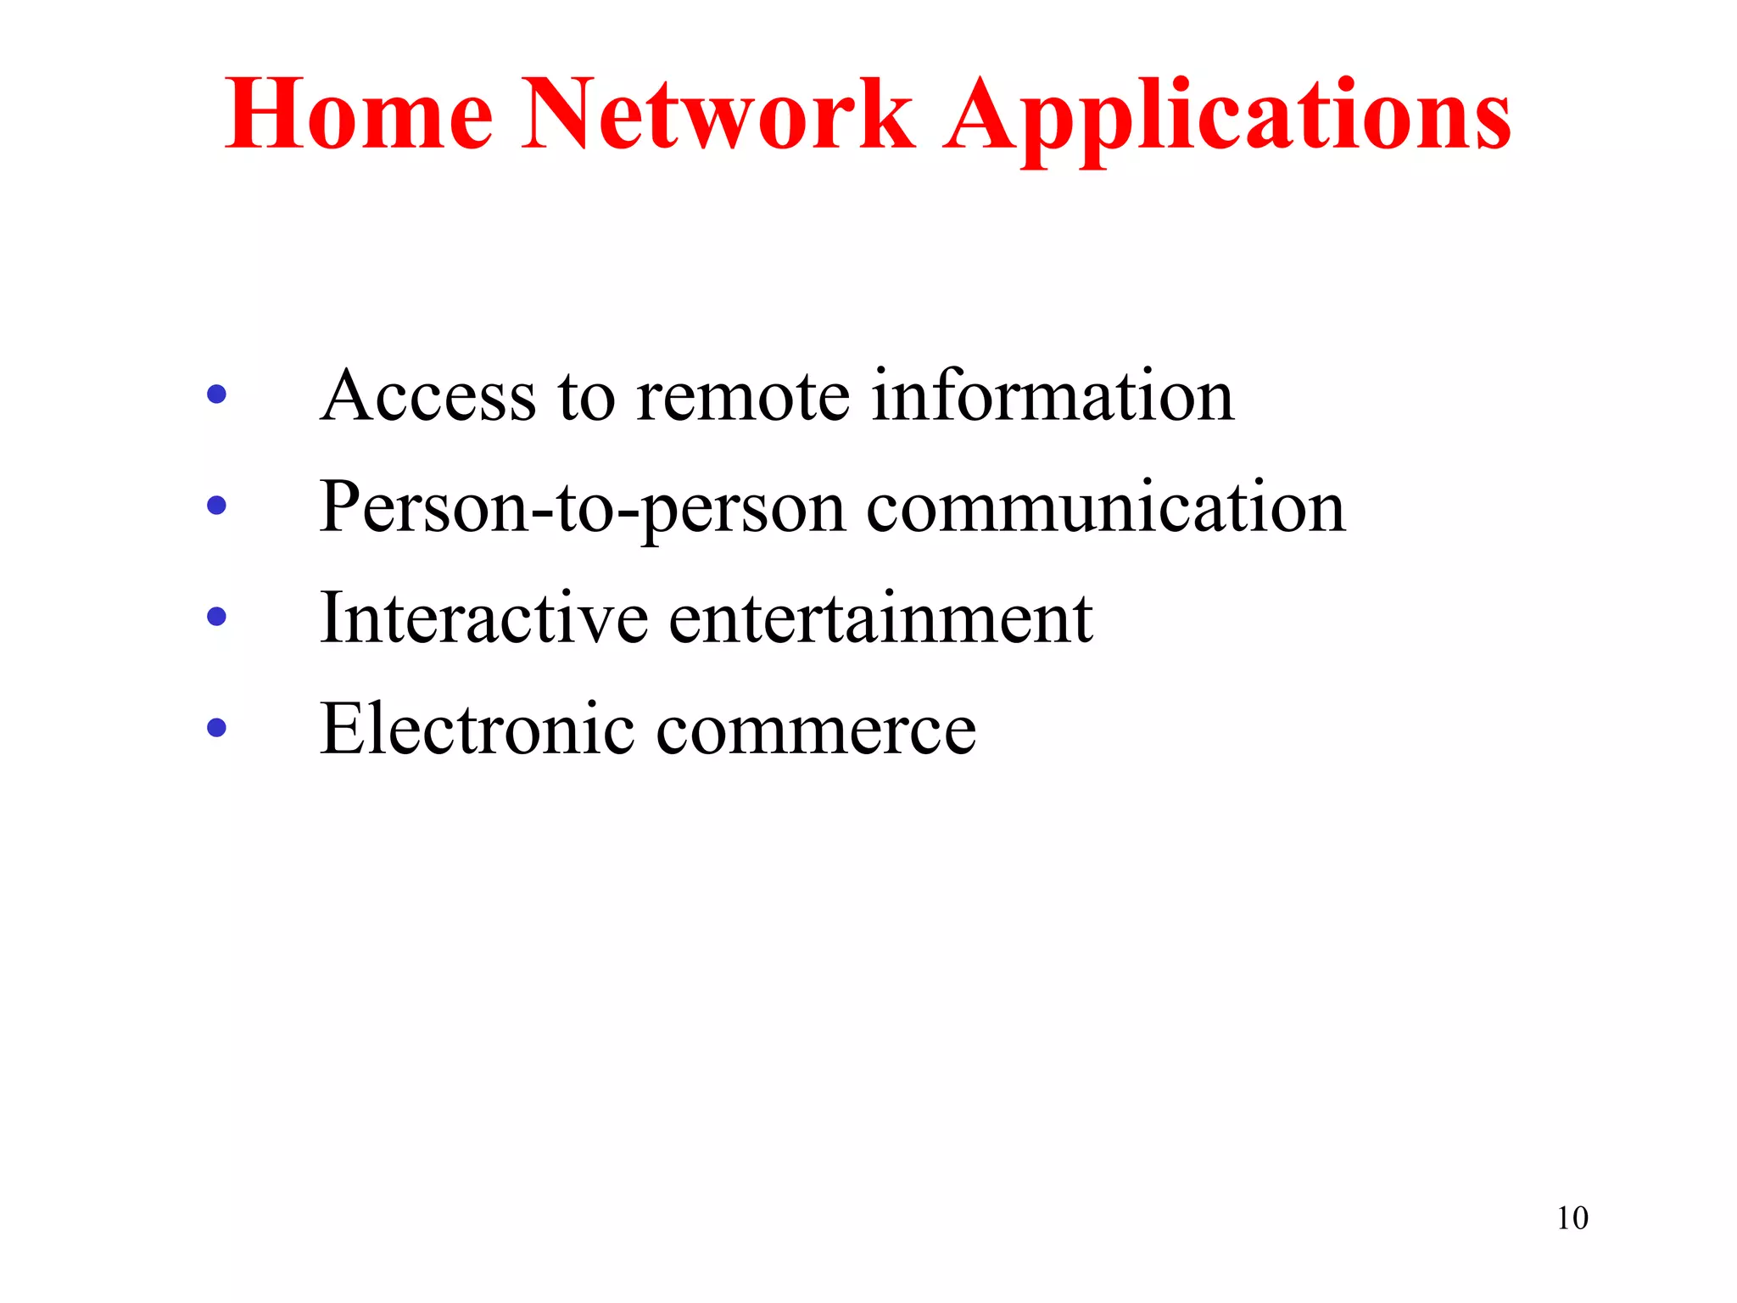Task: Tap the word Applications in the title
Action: tap(1226, 117)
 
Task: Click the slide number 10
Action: tap(1572, 1218)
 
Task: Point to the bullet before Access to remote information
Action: tap(217, 394)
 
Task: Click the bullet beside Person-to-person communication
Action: tap(217, 506)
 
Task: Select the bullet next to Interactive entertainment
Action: tap(217, 617)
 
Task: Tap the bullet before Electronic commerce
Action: tap(217, 728)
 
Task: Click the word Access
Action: tap(428, 396)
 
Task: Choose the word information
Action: tap(1053, 396)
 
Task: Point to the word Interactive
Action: tap(483, 618)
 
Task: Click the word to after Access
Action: tap(586, 397)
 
